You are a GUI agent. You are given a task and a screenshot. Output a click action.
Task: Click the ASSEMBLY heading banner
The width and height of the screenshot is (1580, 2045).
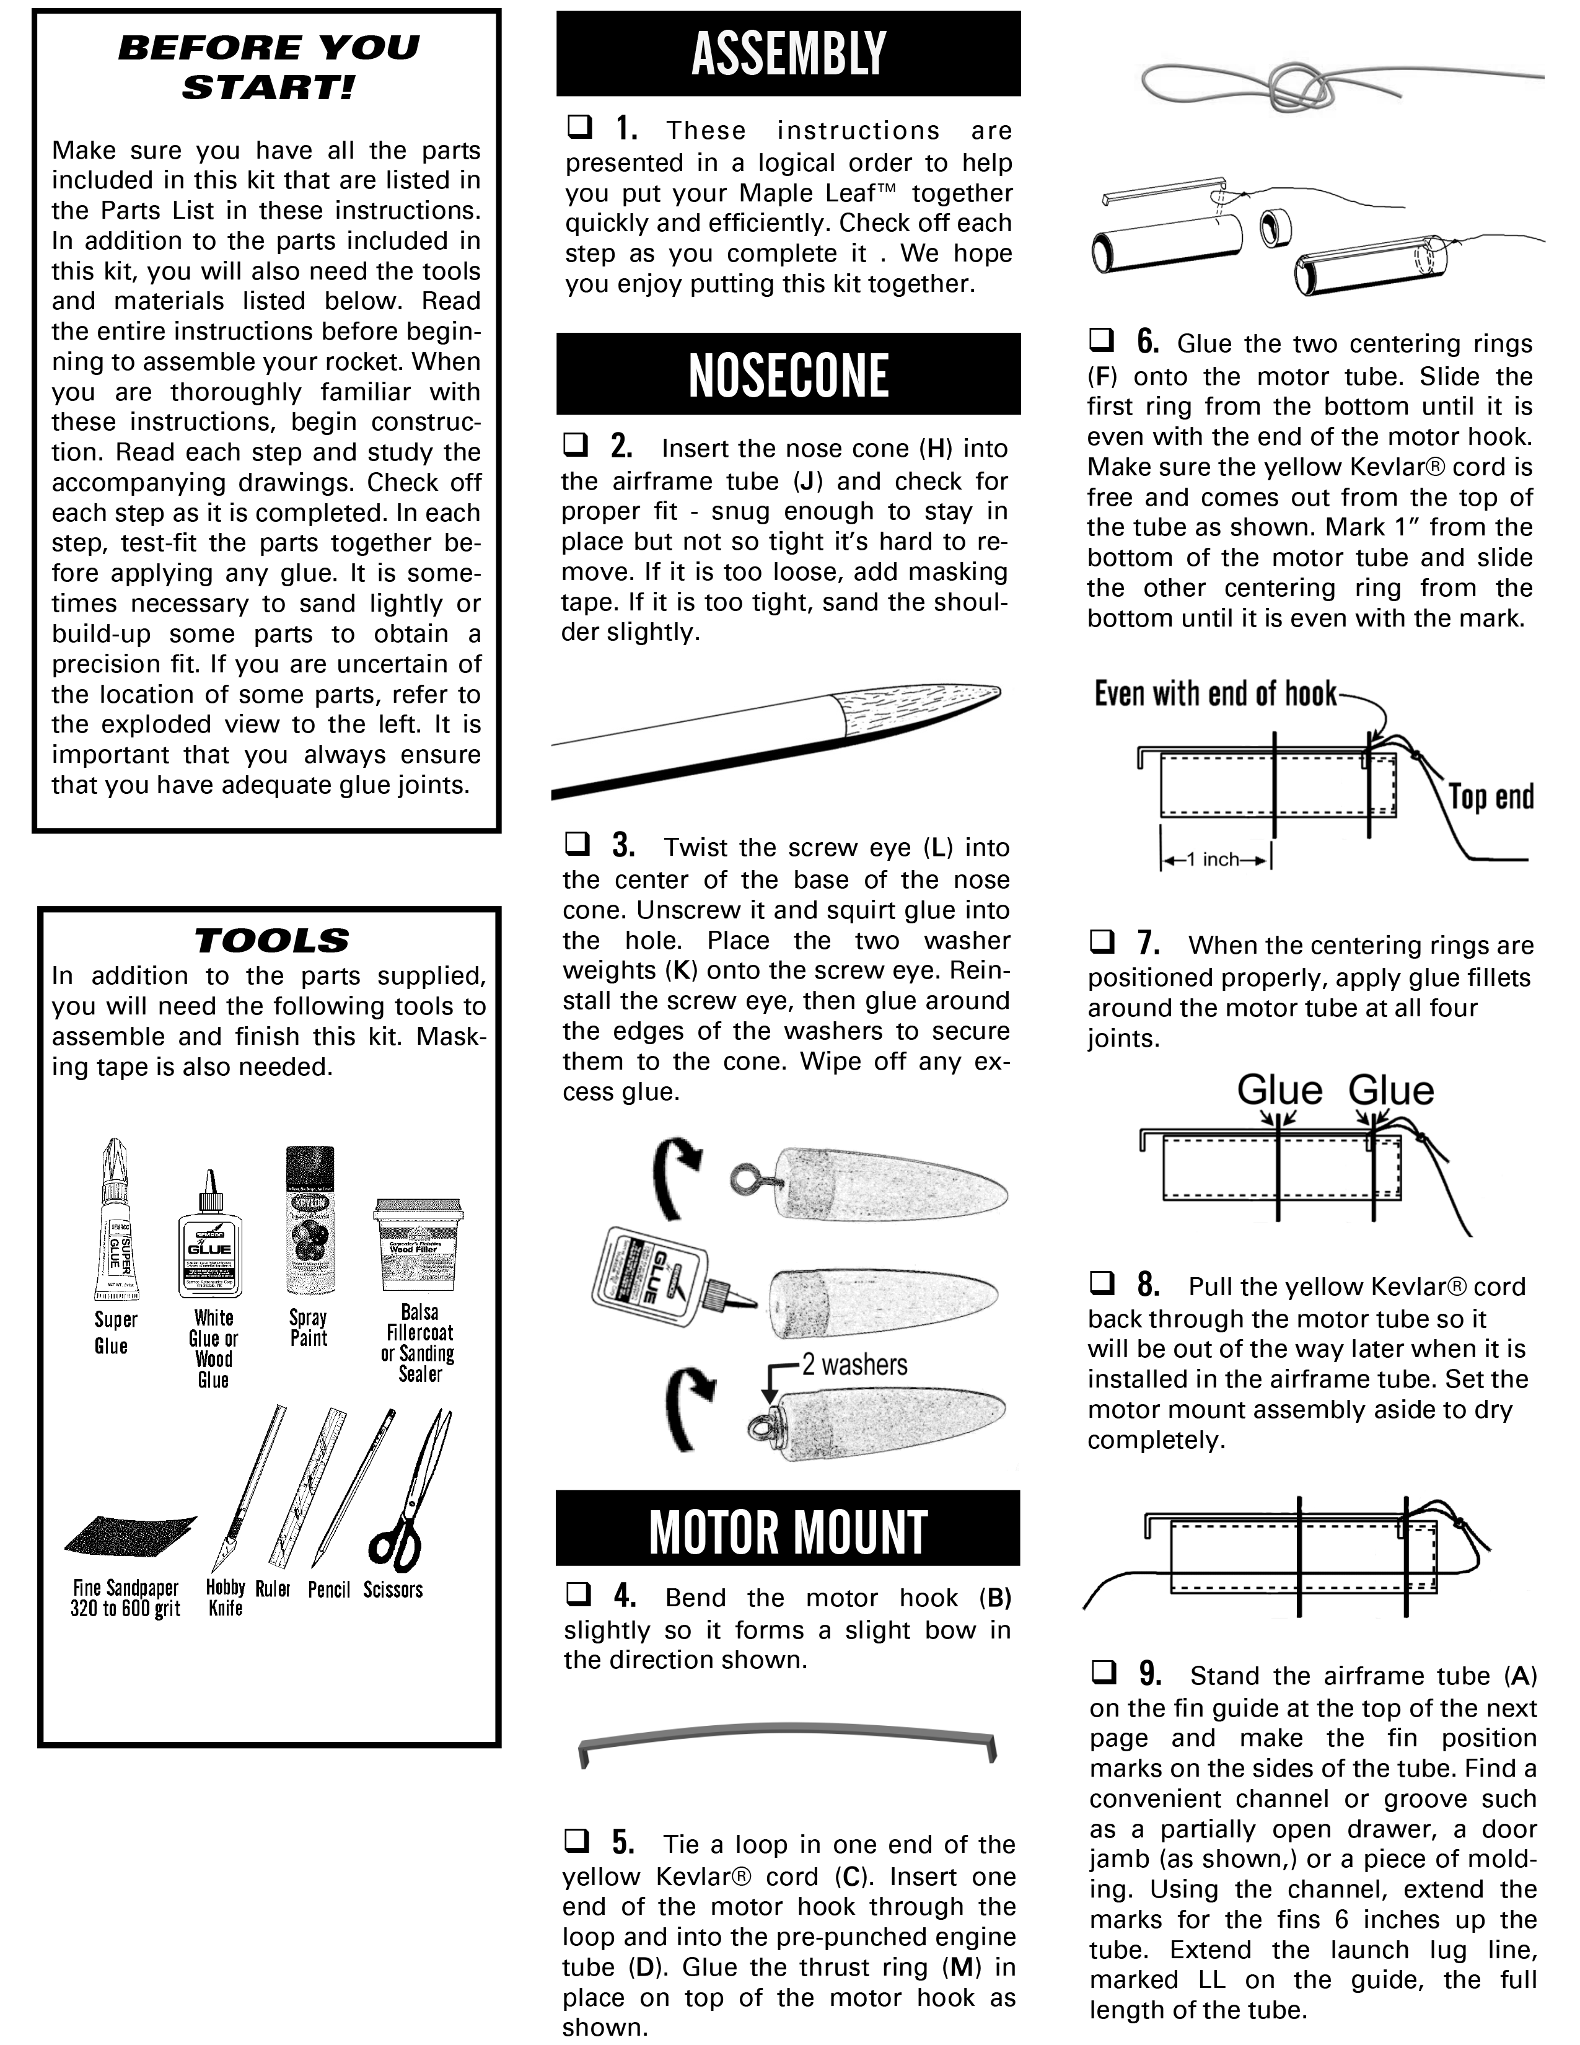tap(788, 53)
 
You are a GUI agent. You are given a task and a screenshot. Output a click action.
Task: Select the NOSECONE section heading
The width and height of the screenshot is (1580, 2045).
tap(788, 374)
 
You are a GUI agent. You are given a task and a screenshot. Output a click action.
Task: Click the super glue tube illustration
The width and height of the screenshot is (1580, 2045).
tap(115, 1222)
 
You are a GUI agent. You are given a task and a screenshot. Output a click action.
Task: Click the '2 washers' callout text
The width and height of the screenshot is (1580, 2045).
tap(854, 1365)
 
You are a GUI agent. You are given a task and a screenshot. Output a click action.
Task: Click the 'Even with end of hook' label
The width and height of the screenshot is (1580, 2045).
tap(1215, 694)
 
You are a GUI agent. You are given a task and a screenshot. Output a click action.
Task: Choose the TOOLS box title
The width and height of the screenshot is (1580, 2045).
tap(271, 940)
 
